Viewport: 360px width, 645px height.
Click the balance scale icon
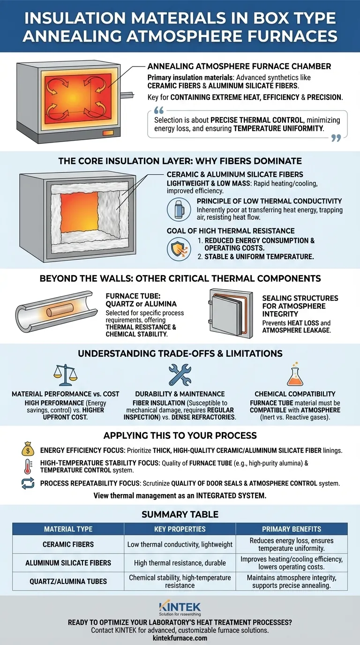pos(65,375)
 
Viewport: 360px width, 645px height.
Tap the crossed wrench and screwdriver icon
pos(180,375)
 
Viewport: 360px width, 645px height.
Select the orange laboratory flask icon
pos(295,374)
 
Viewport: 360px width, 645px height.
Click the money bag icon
pos(28,449)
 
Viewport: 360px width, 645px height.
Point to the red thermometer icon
pos(28,466)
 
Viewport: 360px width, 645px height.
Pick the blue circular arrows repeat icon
pos(28,483)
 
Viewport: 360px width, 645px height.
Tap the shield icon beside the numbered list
pos(179,249)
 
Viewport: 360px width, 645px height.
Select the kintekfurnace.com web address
pos(180,638)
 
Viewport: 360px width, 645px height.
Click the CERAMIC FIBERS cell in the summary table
pos(68,544)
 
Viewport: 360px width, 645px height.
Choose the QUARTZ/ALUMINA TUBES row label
pos(68,581)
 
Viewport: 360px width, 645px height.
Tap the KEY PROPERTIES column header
pos(180,529)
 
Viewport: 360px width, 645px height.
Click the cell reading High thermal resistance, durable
pos(180,562)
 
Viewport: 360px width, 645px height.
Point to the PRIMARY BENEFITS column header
pos(292,529)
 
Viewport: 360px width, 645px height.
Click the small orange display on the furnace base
pos(108,133)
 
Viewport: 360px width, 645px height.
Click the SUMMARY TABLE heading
pos(180,514)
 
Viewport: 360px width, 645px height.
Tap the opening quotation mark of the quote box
pos(159,110)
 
